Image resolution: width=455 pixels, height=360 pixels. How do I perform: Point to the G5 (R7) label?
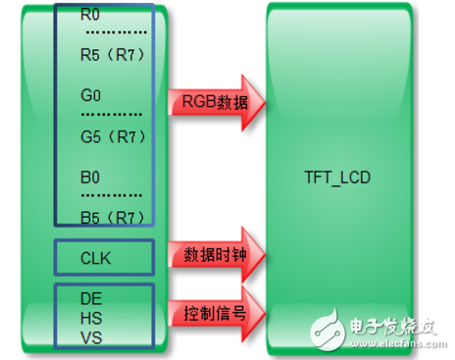(113, 137)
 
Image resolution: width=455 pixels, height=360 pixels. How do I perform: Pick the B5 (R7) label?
(113, 217)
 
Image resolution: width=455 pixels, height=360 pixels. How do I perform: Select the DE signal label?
(92, 295)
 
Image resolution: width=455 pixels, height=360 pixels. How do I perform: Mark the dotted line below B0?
(111, 198)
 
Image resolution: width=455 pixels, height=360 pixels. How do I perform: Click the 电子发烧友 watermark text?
(386, 326)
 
